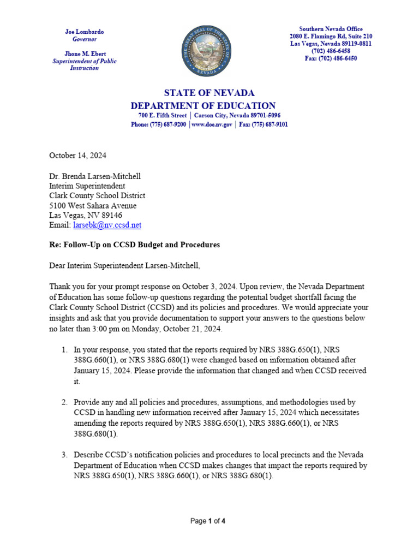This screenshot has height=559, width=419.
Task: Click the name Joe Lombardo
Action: click(85, 32)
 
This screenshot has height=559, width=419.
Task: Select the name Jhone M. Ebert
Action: click(85, 54)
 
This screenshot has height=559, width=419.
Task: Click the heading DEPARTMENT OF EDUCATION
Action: click(203, 106)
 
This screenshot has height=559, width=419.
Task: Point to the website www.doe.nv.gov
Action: click(212, 124)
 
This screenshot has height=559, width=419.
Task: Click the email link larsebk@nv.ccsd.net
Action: click(107, 225)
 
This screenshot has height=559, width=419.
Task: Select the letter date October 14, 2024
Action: click(77, 155)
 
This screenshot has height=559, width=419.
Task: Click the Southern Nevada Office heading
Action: click(331, 29)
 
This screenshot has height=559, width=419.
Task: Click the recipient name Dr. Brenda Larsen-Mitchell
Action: click(95, 176)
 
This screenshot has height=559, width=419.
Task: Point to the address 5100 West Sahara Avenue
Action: click(93, 206)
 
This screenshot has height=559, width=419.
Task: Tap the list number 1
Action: click(64, 349)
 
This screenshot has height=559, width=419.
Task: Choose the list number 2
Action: click(64, 402)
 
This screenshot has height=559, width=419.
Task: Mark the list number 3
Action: click(64, 455)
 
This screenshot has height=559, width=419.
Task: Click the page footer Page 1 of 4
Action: click(208, 521)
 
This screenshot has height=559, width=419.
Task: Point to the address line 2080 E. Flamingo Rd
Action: click(331, 37)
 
